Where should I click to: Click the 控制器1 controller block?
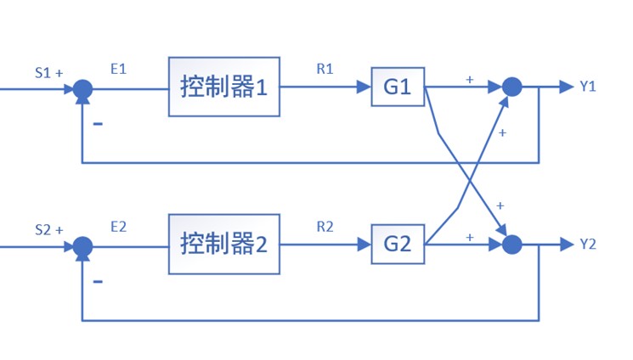coord(223,87)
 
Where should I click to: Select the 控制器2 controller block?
coord(223,245)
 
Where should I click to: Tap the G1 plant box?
coord(398,87)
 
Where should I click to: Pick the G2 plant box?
coord(398,245)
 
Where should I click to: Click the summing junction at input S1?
coord(82,87)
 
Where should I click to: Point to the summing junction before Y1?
coord(511,87)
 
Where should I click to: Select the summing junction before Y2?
coord(511,245)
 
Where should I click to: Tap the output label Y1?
coord(588,87)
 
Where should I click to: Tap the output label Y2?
coord(588,245)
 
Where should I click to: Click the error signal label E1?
coord(118,69)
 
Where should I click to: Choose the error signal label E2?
coord(118,227)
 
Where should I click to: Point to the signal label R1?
coord(325,69)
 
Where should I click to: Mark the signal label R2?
coord(325,227)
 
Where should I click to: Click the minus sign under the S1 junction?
coord(99,124)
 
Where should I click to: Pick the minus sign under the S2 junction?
coord(99,281)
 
